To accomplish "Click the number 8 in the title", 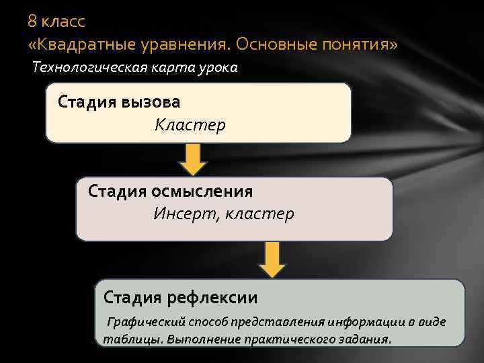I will click(32, 22).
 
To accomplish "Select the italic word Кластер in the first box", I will click(190, 125).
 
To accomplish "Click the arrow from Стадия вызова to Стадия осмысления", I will click(193, 159).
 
